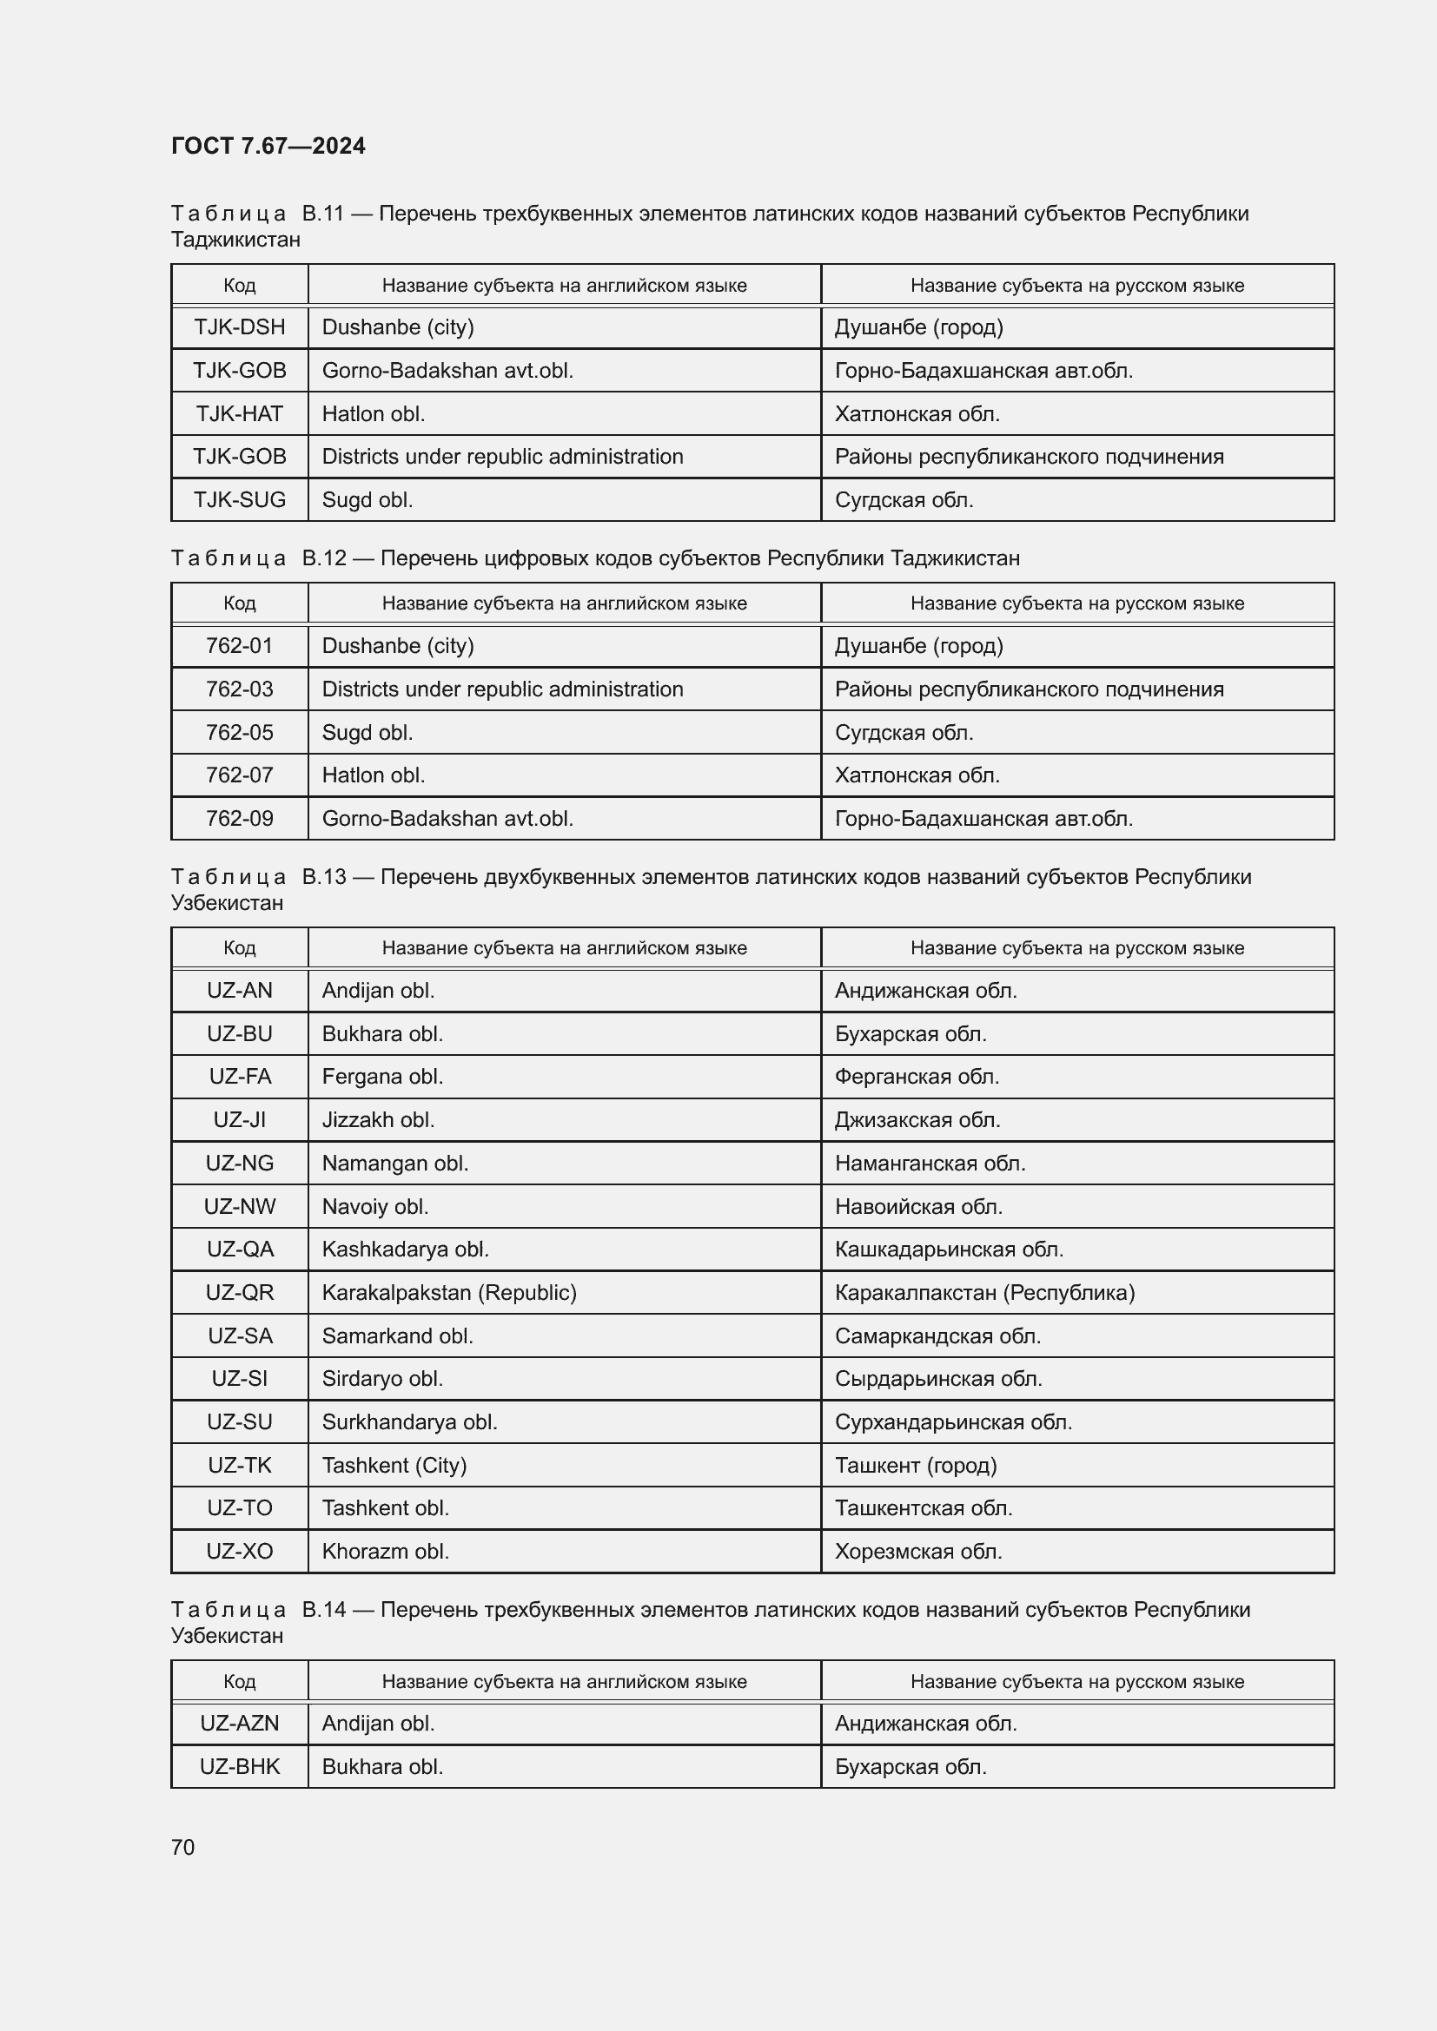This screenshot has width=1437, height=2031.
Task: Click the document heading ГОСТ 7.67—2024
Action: coord(268,146)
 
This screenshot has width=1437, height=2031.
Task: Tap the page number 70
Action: coord(183,1847)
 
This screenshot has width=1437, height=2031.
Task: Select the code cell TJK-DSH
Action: coord(240,327)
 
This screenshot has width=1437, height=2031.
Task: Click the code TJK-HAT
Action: coord(240,414)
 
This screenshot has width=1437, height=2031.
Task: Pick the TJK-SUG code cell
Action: coord(240,500)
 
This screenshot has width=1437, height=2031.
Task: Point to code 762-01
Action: coord(240,646)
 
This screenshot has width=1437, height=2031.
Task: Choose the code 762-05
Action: coord(240,733)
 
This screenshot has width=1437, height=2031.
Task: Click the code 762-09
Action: coord(240,818)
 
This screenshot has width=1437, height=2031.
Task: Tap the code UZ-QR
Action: coord(240,1292)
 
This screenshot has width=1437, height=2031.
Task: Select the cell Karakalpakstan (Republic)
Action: coord(448,1292)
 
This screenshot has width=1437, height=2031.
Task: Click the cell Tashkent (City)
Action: coord(394,1465)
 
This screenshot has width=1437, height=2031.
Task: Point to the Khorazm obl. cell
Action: coord(385,1551)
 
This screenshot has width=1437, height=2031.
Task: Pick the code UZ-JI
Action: coord(240,1120)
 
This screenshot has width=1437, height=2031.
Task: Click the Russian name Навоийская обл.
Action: coord(918,1207)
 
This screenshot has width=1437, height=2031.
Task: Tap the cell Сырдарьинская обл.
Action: coord(938,1378)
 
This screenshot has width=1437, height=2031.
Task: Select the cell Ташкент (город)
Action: coord(915,1465)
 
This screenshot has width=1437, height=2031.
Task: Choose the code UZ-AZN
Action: coord(240,1723)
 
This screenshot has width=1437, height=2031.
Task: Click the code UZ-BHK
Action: coord(240,1766)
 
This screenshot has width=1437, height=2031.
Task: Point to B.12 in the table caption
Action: coord(324,558)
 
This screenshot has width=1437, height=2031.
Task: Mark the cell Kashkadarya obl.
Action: coord(405,1249)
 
